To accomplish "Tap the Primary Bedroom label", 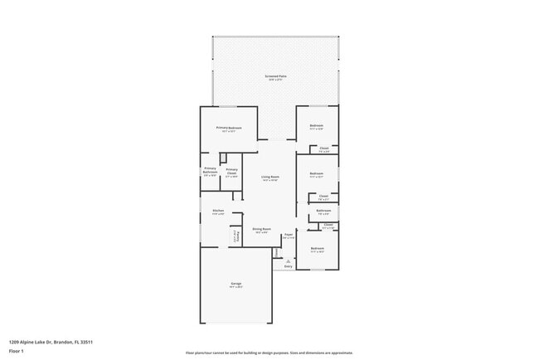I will click(229, 129).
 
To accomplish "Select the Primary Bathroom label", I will click(210, 172).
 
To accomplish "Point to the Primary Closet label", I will click(231, 172).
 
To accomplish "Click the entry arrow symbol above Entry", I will click(288, 260).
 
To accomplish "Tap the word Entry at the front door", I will click(288, 266).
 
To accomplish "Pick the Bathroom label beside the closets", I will click(323, 212).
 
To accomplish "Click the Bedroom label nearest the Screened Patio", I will click(316, 128).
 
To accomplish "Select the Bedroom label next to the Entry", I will click(317, 249).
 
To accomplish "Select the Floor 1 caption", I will click(17, 351).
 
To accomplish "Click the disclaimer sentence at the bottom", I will click(269, 352).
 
